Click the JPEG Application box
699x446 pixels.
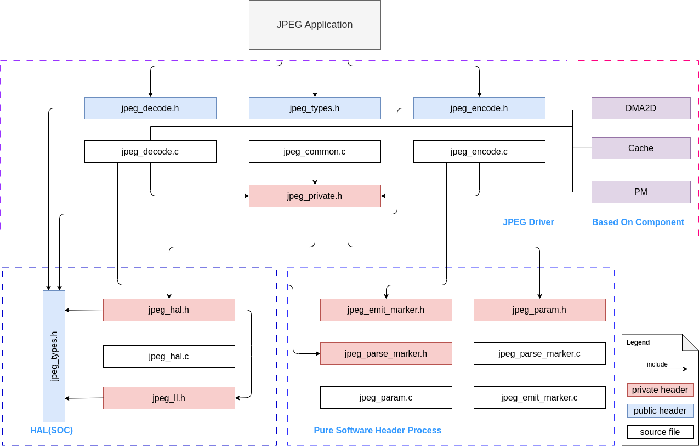pyautogui.click(x=315, y=25)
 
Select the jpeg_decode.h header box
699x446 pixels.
pyautogui.click(x=150, y=108)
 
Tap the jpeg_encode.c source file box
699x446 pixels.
pyautogui.click(x=479, y=151)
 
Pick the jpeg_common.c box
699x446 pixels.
pyautogui.click(x=315, y=151)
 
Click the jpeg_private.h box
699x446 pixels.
pyautogui.click(x=315, y=196)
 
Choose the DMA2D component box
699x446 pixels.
pyautogui.click(x=641, y=108)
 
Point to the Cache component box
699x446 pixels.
pyautogui.click(x=641, y=148)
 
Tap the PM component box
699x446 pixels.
pyautogui.click(x=641, y=192)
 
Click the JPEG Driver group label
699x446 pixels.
pyautogui.click(x=528, y=222)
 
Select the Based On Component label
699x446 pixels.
pyautogui.click(x=638, y=222)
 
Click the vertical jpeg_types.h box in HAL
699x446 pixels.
pyautogui.click(x=54, y=356)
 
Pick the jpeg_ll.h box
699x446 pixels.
pyautogui.click(x=169, y=398)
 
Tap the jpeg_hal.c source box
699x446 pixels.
pyautogui.click(x=169, y=356)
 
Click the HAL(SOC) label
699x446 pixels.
pyautogui.click(x=52, y=430)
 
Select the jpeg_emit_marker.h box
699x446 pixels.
pyautogui.click(x=386, y=310)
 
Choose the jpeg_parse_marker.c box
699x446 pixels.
pyautogui.click(x=539, y=353)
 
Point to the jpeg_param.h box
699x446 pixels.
pyautogui.click(x=539, y=310)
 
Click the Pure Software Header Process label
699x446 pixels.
pyautogui.click(x=377, y=430)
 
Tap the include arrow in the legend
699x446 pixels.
pyautogui.click(x=660, y=369)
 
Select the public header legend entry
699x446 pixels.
pyautogui.click(x=660, y=410)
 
